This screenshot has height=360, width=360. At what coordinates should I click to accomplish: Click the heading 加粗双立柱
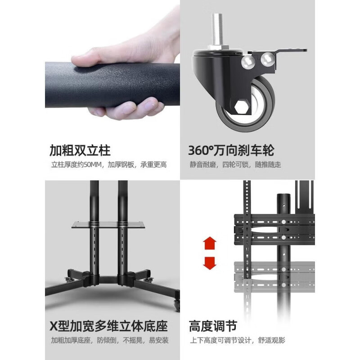pos(80,150)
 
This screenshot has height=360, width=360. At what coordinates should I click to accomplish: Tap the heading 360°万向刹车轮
pos(231,150)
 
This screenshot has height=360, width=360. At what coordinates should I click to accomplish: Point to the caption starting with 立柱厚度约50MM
pos(108,165)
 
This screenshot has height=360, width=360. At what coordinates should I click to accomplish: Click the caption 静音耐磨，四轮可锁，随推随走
pos(234,165)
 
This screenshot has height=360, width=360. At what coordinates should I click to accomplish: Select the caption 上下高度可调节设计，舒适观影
pos(237,340)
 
